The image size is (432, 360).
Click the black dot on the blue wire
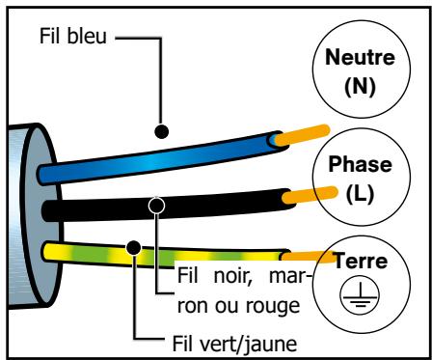pos(161,129)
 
